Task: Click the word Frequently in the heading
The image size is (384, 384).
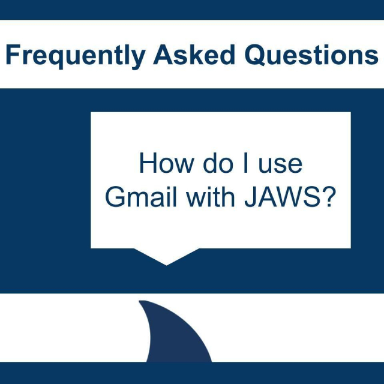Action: click(75, 56)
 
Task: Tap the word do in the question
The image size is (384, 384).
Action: click(213, 164)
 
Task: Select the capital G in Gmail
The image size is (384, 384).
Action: click(115, 198)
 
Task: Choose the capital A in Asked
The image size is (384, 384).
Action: click(162, 55)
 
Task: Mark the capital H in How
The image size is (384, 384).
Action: click(146, 164)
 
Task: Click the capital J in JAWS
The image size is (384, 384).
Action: click(249, 198)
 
